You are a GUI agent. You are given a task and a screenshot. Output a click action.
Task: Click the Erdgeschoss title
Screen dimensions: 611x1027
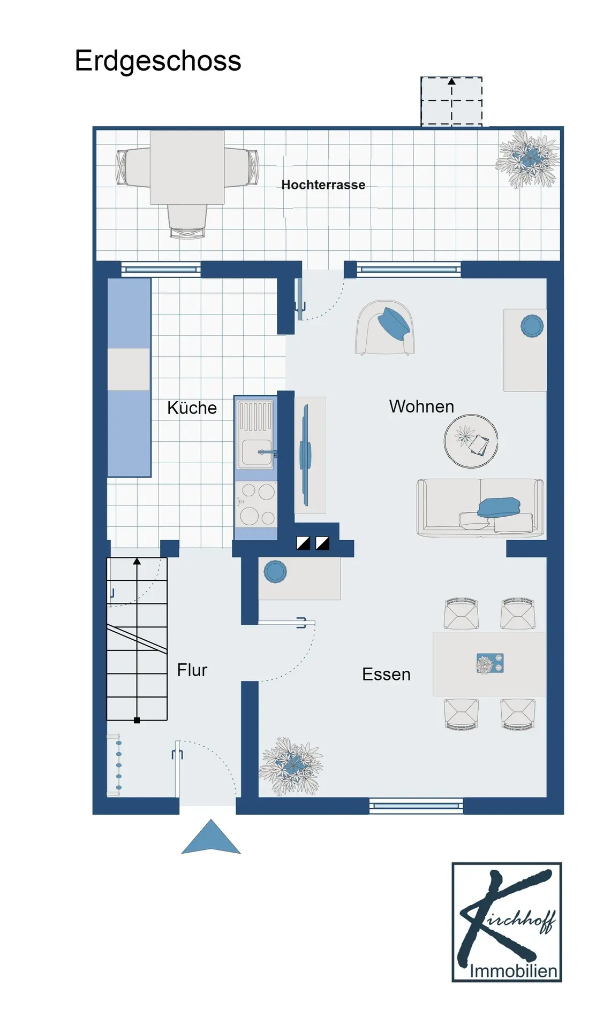158,61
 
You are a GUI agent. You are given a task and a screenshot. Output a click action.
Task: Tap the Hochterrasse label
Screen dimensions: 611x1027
323,185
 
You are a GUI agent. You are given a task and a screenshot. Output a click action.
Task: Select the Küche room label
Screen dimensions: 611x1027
192,408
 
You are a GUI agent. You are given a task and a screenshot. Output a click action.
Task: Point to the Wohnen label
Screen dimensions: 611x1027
421,407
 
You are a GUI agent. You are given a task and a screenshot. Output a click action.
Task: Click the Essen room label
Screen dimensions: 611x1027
386,674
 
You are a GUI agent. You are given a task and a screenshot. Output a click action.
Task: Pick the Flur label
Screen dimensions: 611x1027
192,670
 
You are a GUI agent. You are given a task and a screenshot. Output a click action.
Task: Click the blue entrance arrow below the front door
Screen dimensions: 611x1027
211,837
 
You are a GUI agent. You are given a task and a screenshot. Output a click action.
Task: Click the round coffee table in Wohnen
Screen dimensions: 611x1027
471,441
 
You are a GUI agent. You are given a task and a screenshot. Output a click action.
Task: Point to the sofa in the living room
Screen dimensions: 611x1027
480,508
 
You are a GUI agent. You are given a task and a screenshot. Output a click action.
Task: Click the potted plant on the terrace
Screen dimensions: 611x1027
527,159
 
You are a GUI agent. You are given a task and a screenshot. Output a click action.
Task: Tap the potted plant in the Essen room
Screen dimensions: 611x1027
291,766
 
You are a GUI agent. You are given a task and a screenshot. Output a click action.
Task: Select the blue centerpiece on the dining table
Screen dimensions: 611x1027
490,664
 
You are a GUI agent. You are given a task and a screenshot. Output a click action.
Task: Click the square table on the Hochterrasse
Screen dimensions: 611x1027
187,167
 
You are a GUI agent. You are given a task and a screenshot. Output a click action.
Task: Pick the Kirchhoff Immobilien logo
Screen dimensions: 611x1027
507,922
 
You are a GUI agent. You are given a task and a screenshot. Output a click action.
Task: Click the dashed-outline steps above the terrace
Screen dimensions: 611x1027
451,102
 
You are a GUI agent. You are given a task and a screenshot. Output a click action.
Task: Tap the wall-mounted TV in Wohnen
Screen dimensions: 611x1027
305,455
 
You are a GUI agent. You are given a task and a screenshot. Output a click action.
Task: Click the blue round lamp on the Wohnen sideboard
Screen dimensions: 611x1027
532,326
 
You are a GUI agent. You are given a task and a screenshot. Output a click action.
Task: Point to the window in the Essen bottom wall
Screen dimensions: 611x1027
416,806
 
